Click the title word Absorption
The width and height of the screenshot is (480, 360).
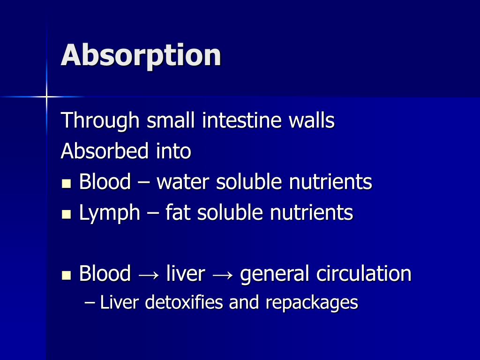[141, 55]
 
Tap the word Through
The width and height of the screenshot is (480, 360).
[100, 121]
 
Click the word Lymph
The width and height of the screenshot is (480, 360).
[109, 213]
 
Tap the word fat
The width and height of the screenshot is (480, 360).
[178, 212]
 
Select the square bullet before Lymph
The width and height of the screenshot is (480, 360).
[66, 214]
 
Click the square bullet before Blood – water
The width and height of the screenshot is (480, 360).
[66, 183]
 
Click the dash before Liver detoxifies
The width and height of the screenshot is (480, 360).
[90, 303]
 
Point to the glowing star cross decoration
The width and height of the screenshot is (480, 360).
[46, 97]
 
